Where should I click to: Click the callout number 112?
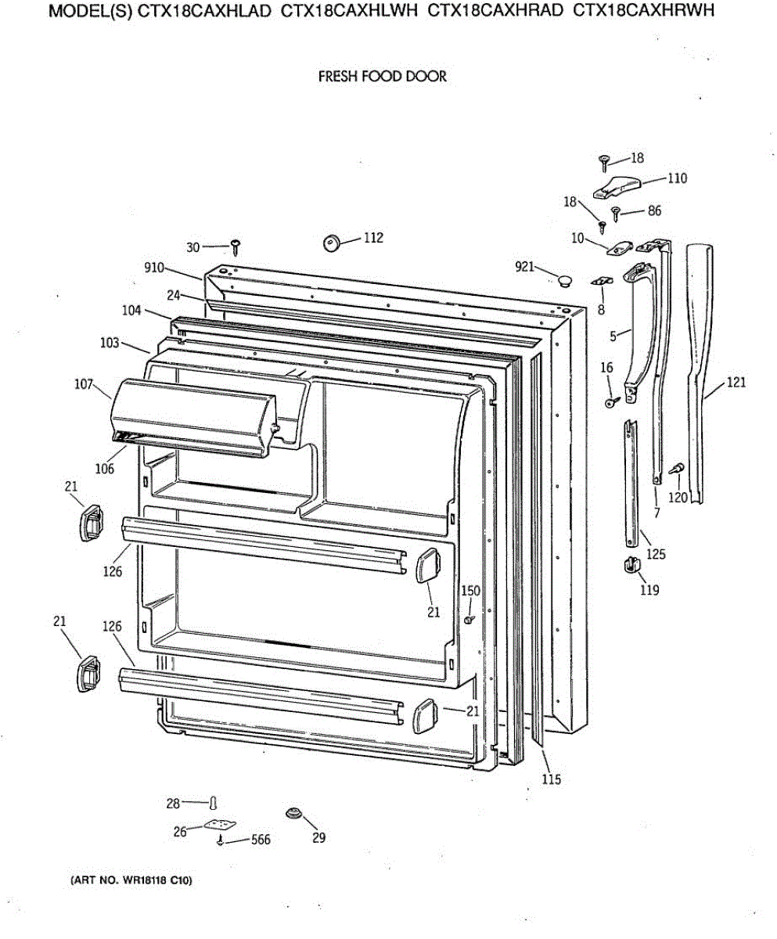pyautogui.click(x=373, y=238)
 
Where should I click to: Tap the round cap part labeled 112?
pyautogui.click(x=333, y=243)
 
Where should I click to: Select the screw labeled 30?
pyautogui.click(x=235, y=248)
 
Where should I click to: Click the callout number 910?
pyautogui.click(x=154, y=268)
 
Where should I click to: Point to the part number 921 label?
pyautogui.click(x=525, y=267)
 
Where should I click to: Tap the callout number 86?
pyautogui.click(x=654, y=210)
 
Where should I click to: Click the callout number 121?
pyautogui.click(x=736, y=383)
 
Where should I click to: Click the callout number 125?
pyautogui.click(x=655, y=555)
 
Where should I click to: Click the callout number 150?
pyautogui.click(x=470, y=592)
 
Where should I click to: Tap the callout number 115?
pyautogui.click(x=552, y=779)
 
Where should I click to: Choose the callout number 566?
pyautogui.click(x=261, y=840)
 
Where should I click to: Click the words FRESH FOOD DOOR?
pyautogui.click(x=382, y=77)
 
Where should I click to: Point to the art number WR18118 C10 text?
pyautogui.click(x=131, y=881)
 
